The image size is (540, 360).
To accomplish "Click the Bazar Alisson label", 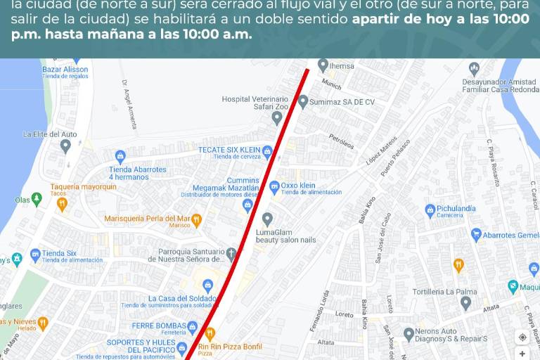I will click(65, 70).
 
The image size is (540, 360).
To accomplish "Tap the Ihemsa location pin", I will click(323, 65).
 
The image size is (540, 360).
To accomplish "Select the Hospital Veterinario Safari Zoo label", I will click(255, 103).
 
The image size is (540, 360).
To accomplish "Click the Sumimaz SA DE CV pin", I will click(303, 101).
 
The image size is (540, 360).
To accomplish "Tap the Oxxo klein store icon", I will click(274, 186).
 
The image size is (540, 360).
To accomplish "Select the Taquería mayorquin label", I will click(83, 187).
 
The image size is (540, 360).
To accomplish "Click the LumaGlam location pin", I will click(267, 219).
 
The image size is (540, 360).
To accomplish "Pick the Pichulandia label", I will click(456, 209).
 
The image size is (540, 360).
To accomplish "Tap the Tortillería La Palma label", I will click(444, 292).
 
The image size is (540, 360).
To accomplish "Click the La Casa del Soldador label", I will click(172, 299).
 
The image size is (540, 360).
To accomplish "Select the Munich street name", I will click(331, 83).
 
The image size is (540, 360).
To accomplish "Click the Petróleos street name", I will click(341, 141).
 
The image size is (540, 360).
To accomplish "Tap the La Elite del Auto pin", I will click(65, 146).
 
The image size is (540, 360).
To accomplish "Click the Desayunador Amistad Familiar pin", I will click(474, 69).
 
